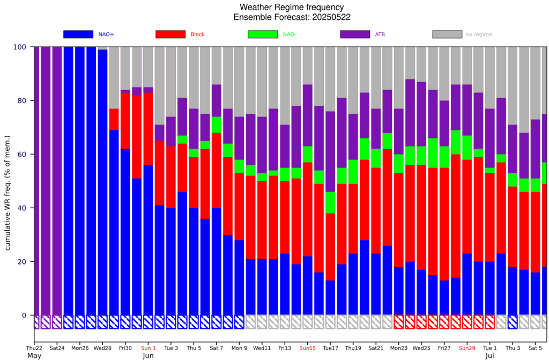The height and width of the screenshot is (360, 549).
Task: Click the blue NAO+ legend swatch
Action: coord(78,34)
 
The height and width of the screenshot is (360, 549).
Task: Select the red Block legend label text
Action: coord(197,34)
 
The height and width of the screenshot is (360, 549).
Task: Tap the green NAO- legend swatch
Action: coord(263,34)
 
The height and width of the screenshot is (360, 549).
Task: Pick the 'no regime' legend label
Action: coord(478,34)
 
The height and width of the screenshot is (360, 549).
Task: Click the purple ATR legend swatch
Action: coord(355,34)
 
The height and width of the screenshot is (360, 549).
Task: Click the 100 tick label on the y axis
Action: coord(19,47)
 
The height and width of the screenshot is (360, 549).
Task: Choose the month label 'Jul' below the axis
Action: coord(490,356)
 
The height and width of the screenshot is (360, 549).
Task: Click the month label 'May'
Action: coord(34,356)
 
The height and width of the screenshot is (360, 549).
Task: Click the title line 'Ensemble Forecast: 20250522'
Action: coord(292,18)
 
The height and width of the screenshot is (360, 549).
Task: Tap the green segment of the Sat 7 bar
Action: coord(217,125)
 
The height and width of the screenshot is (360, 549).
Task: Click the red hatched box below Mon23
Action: coord(399,322)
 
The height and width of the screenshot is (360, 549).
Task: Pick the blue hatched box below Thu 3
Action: coord(513,322)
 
